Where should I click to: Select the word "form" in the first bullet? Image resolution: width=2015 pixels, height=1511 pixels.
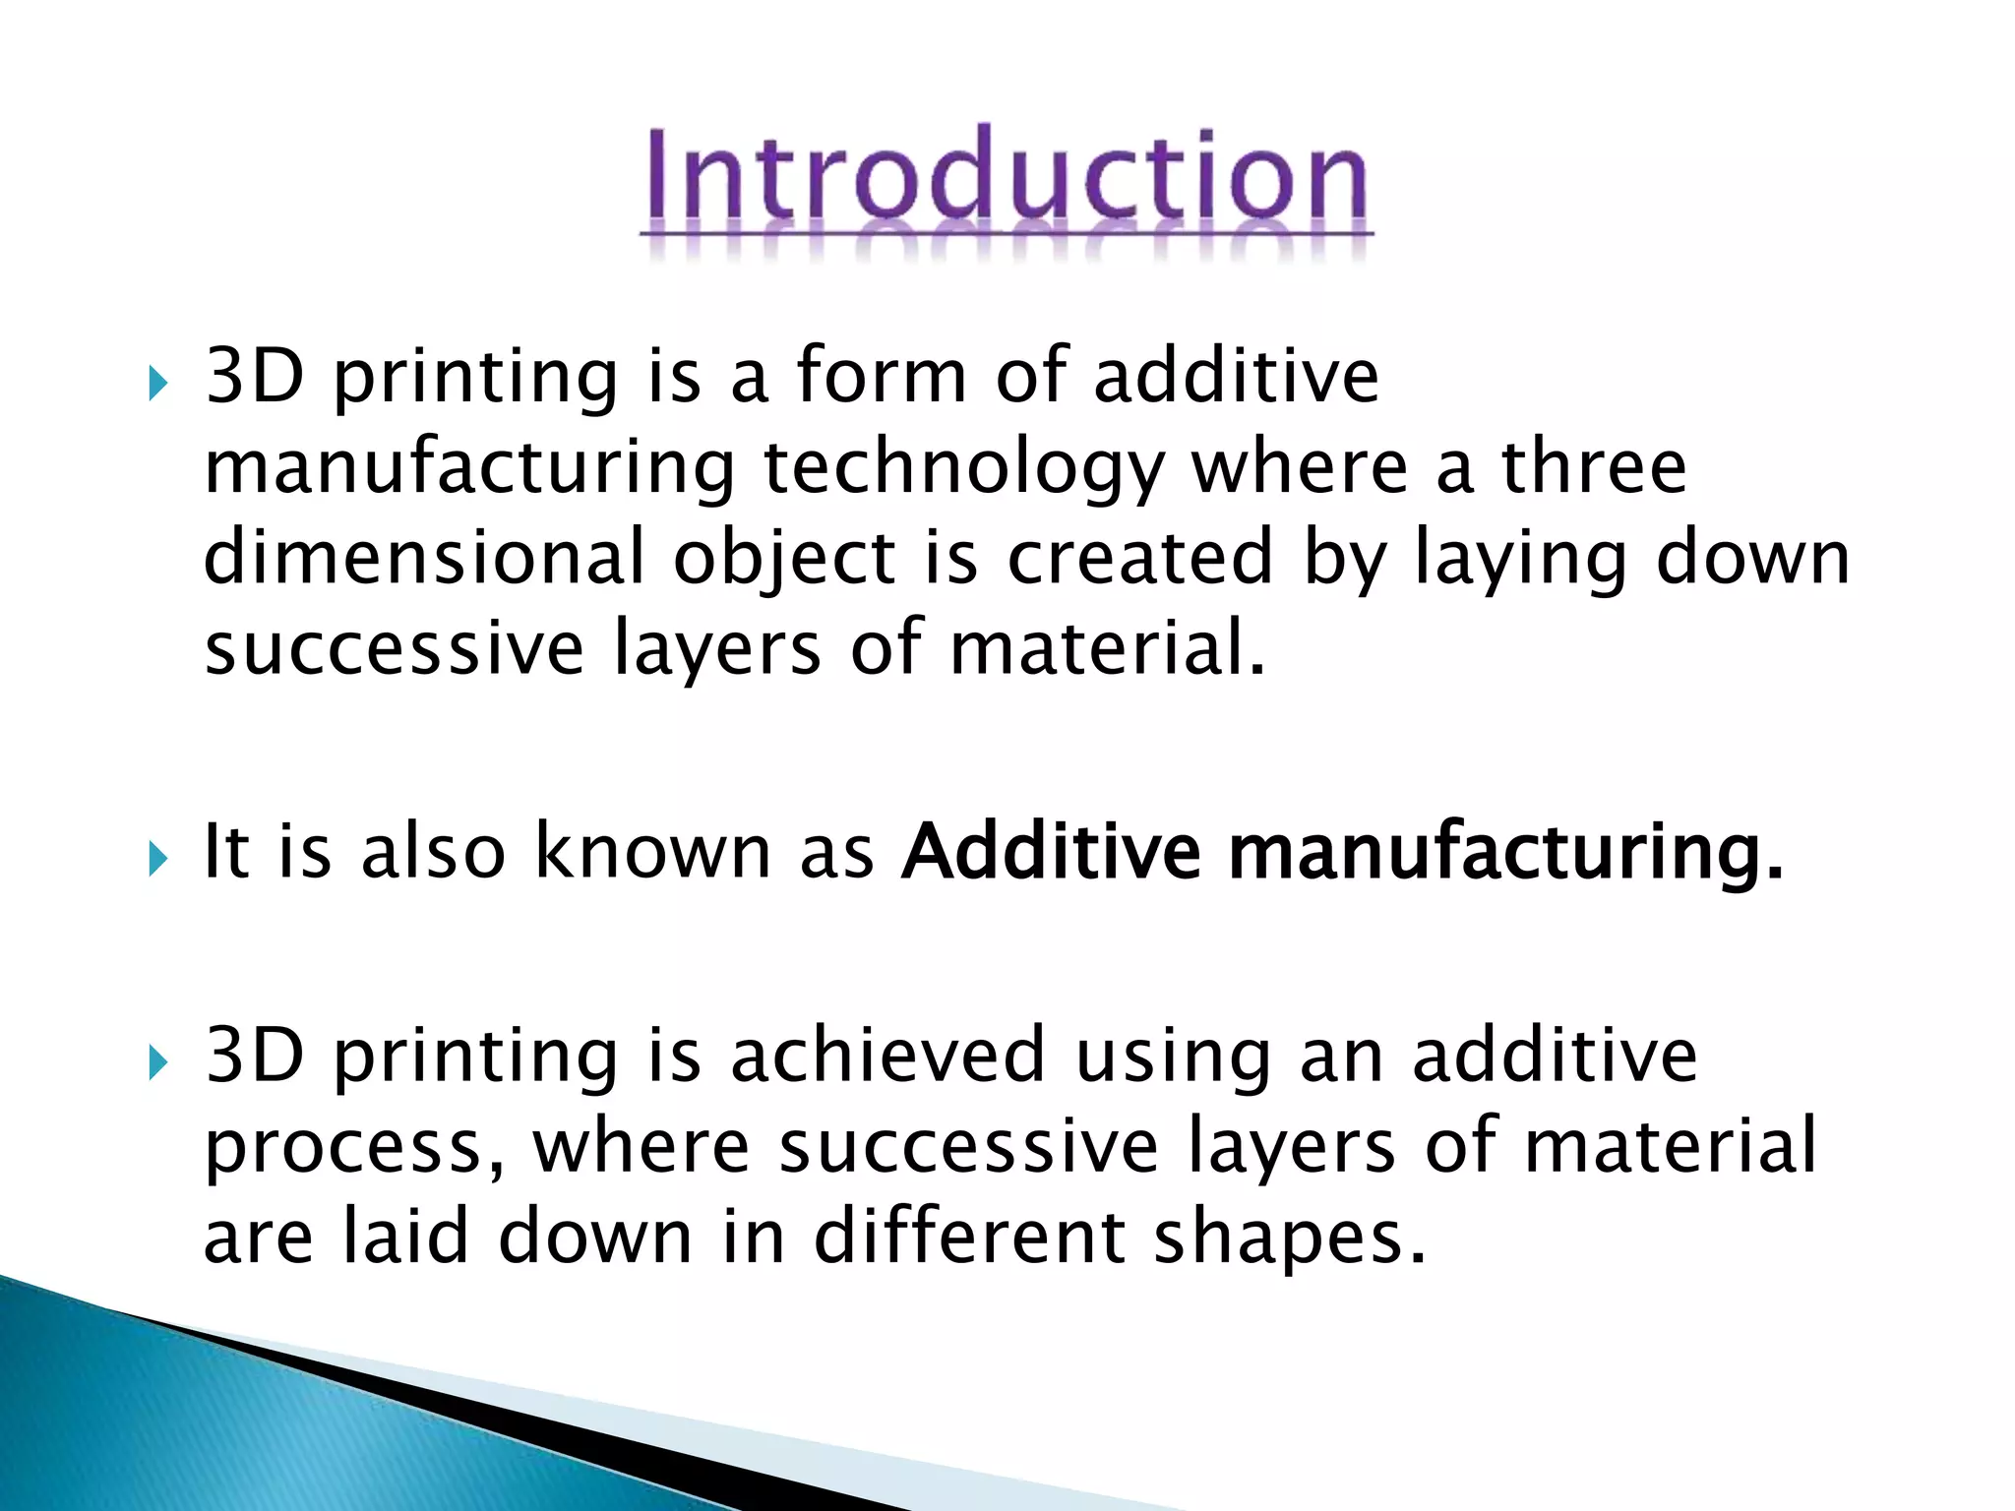(882, 376)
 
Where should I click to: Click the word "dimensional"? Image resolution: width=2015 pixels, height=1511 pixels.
(423, 557)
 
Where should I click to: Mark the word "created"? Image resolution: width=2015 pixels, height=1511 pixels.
(1140, 557)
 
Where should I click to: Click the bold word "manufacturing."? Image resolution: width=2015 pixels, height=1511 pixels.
(1505, 852)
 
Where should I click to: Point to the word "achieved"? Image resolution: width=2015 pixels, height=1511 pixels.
(886, 1055)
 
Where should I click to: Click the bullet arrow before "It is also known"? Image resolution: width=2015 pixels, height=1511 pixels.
(157, 859)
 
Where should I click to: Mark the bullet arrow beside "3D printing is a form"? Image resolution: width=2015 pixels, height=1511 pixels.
(157, 384)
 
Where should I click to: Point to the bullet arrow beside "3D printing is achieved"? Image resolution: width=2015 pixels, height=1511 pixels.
(157, 1062)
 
